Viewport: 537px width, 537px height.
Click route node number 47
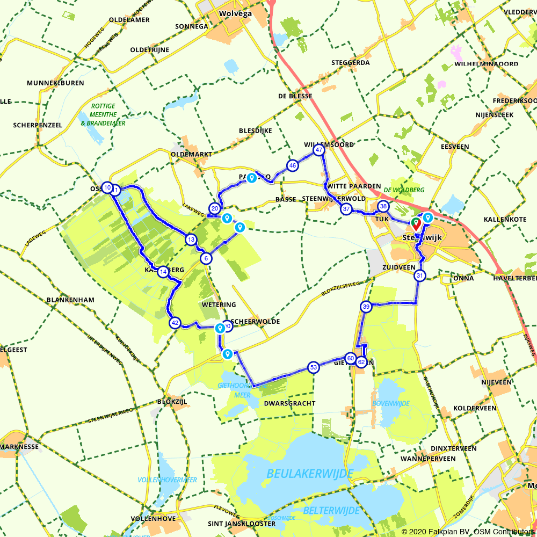(319, 150)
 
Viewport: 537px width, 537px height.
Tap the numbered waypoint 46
(292, 165)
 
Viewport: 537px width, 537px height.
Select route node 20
(215, 208)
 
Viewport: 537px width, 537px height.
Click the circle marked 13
(190, 240)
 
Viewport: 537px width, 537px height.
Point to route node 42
(175, 323)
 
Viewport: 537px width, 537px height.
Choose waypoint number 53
(313, 367)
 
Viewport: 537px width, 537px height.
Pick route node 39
(366, 307)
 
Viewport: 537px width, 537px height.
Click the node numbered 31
(419, 276)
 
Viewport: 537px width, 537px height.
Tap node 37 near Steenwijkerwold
(346, 209)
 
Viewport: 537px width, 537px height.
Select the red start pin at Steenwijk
(416, 223)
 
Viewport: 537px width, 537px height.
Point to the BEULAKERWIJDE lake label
(310, 474)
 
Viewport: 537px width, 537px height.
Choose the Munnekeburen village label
(55, 83)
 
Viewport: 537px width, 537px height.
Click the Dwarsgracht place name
(290, 403)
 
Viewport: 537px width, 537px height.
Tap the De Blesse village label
(295, 97)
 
